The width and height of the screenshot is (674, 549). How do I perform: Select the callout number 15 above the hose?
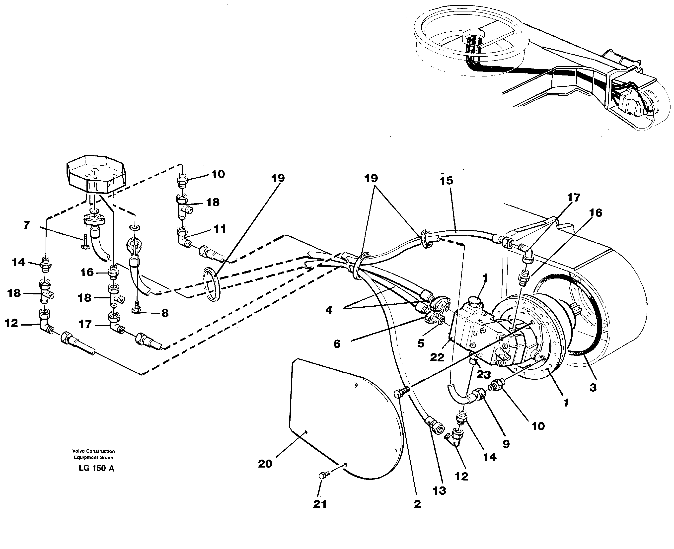pos(446,181)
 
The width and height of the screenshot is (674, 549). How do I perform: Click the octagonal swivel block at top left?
pos(96,174)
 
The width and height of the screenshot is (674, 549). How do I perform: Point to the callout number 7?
pos(27,225)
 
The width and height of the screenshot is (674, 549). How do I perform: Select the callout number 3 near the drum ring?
pos(593,387)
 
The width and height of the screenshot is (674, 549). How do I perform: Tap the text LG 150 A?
pos(96,468)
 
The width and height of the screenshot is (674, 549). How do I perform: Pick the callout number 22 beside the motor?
pos(437,357)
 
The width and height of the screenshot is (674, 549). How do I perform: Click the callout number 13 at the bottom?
pos(439,490)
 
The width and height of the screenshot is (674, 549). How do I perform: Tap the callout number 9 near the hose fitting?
pos(506,444)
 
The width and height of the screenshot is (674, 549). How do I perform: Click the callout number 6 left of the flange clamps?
pos(337,344)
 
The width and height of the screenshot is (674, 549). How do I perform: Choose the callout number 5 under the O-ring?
pos(420,343)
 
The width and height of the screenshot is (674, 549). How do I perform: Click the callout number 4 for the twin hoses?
pos(329,310)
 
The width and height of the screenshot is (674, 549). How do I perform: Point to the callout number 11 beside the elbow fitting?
pos(220,229)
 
